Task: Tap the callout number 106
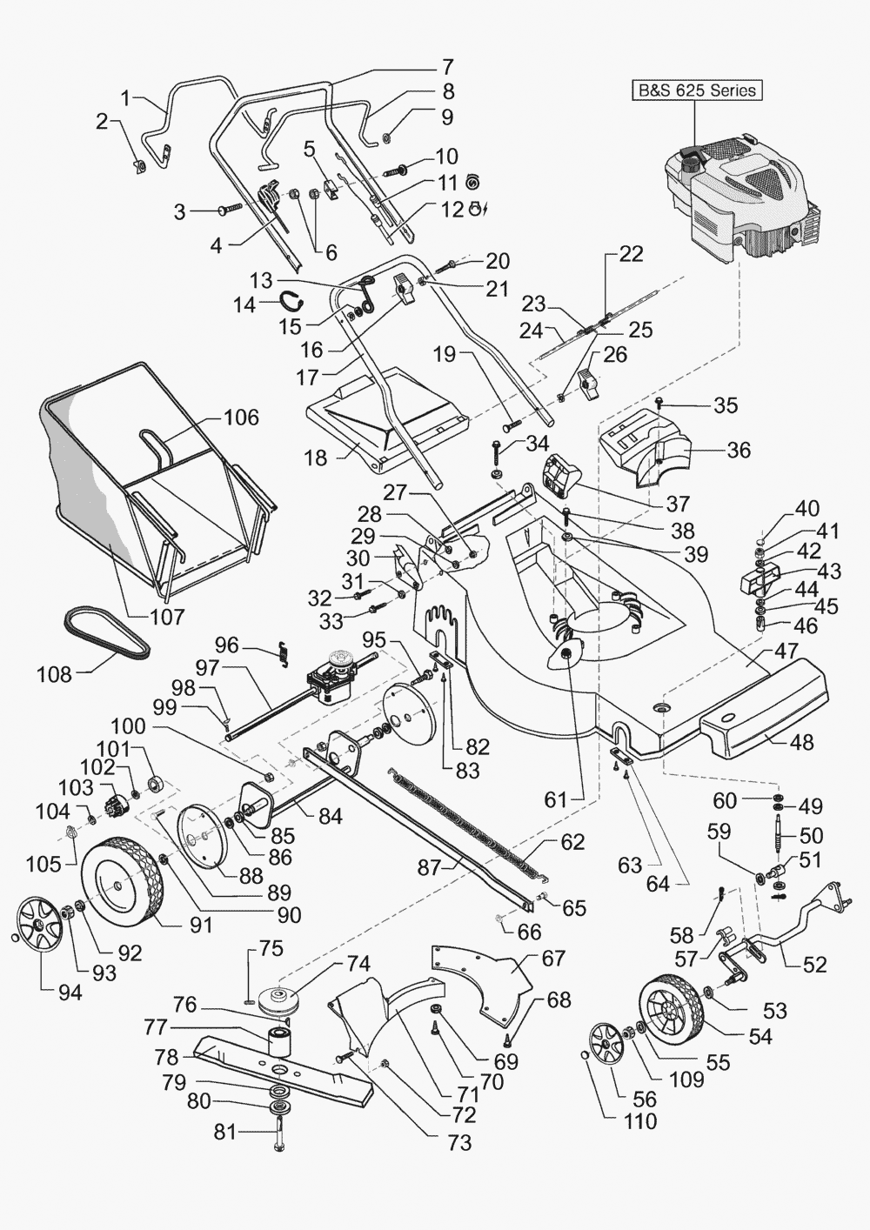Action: click(x=240, y=418)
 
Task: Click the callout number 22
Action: click(x=631, y=253)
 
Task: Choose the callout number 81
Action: click(x=225, y=1132)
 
